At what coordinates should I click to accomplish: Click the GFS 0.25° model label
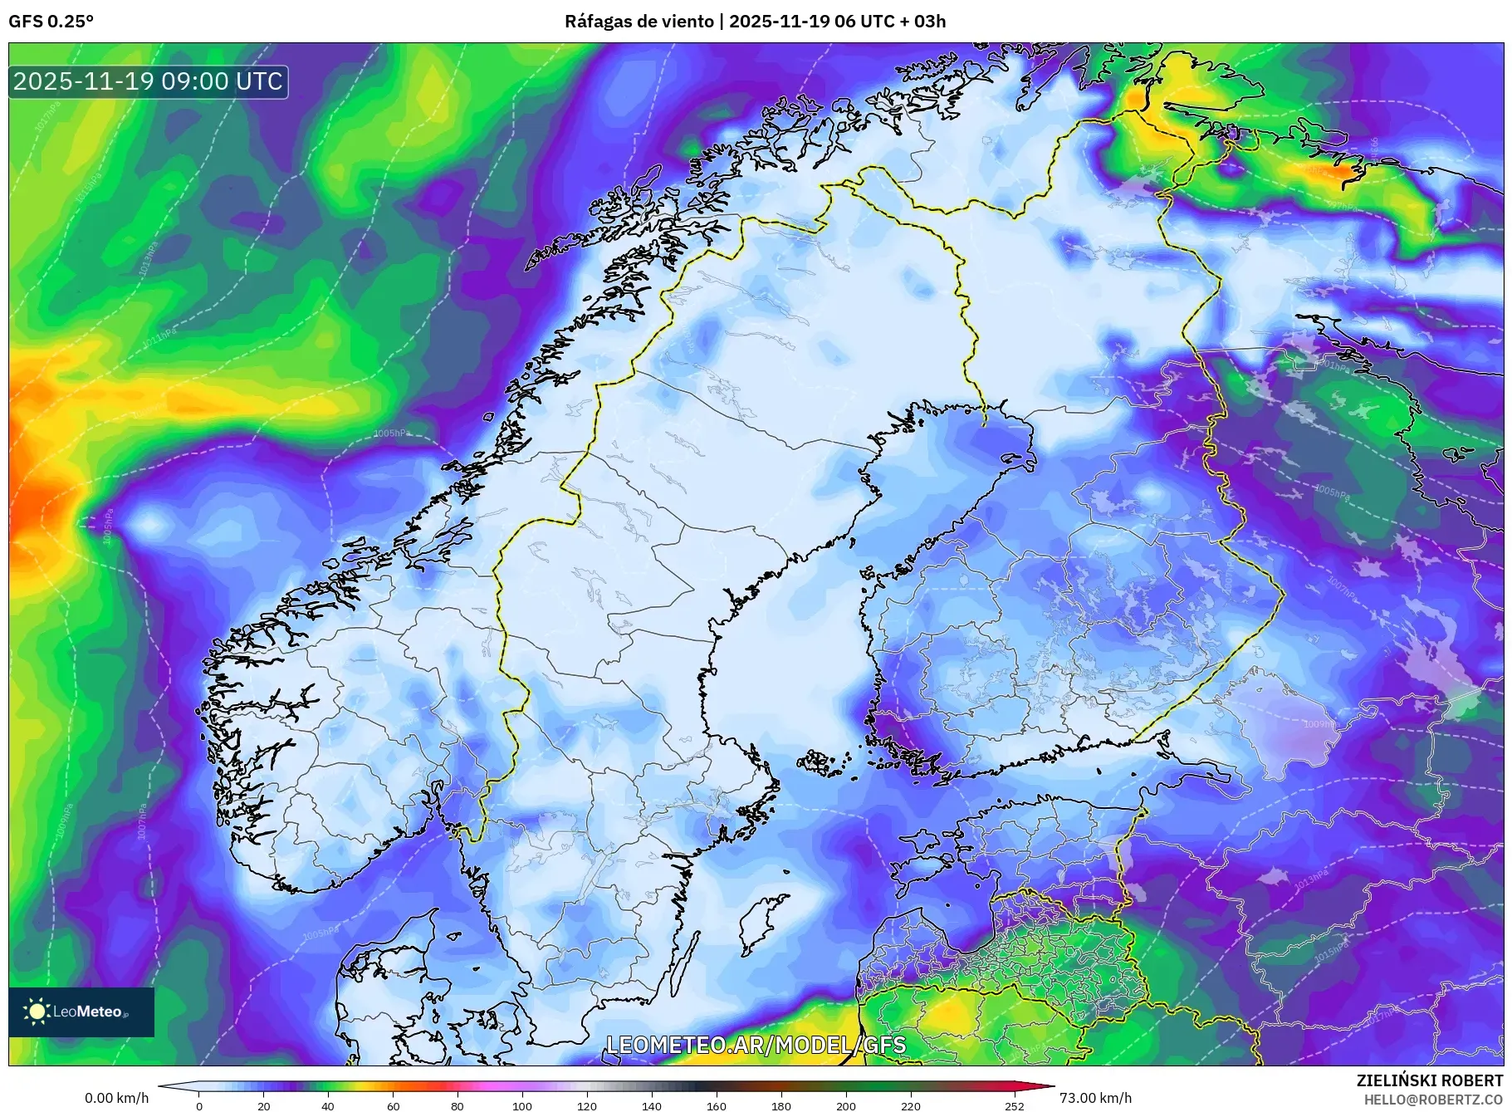tap(51, 22)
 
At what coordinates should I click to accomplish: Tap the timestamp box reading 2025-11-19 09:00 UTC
tap(149, 81)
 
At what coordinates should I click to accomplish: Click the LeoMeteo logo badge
tap(81, 1012)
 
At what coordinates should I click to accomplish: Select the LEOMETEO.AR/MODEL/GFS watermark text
tap(756, 1045)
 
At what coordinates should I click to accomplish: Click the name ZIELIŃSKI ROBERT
tap(1429, 1080)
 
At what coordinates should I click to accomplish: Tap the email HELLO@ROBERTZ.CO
tap(1433, 1100)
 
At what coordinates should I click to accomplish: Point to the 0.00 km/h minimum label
tap(116, 1098)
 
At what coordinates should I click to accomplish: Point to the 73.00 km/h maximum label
tap(1095, 1098)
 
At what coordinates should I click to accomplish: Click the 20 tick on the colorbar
tap(264, 1105)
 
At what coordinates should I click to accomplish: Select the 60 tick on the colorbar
tap(394, 1105)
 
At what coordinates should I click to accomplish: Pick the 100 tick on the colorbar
tap(522, 1105)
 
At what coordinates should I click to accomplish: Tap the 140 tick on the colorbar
tap(652, 1105)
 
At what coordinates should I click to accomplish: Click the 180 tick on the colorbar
tap(781, 1105)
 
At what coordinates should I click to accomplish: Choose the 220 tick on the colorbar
tap(911, 1105)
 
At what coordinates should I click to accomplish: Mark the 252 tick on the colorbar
tap(1014, 1105)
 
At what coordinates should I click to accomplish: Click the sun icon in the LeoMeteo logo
tap(37, 1012)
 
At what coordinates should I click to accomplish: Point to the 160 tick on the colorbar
tap(717, 1105)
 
